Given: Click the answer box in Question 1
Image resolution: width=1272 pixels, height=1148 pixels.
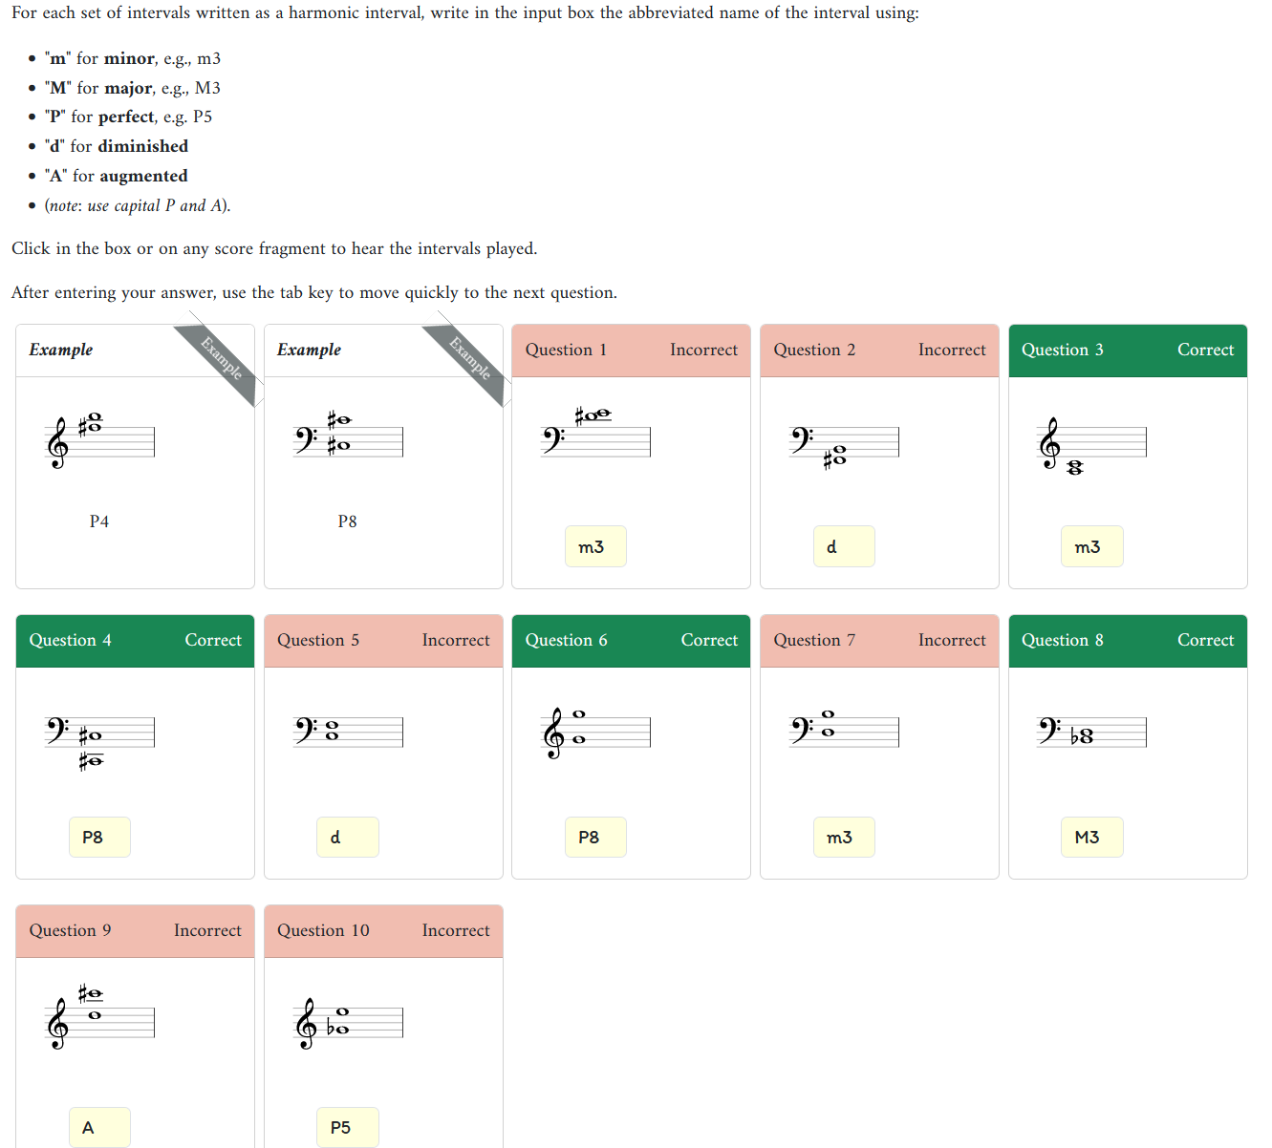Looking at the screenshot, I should (x=595, y=546).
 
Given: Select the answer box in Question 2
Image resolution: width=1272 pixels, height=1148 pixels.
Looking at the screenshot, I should (x=843, y=546).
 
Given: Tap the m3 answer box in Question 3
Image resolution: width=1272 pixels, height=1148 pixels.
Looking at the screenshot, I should (x=1091, y=546).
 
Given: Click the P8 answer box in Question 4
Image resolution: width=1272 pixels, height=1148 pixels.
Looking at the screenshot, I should (x=99, y=837).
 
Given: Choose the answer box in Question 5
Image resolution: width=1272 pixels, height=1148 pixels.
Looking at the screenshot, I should (x=347, y=837).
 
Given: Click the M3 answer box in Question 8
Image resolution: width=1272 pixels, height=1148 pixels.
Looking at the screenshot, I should (x=1091, y=837).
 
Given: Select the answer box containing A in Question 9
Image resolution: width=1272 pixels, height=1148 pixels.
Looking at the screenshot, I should (x=99, y=1127).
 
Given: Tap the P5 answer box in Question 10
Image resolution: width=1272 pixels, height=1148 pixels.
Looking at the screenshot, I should (x=347, y=1127).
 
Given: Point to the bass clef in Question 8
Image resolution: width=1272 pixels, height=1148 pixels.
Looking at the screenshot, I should (x=1048, y=731).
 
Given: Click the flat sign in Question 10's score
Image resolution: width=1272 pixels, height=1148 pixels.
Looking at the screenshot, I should (x=331, y=1029).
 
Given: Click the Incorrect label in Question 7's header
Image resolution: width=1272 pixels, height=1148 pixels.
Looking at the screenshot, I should (x=951, y=640).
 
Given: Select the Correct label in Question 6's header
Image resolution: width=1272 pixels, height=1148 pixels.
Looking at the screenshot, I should (x=708, y=640).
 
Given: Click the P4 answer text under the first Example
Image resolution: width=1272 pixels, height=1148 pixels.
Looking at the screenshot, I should (x=99, y=521).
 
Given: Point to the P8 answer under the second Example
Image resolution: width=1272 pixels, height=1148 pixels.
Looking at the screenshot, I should (x=347, y=521).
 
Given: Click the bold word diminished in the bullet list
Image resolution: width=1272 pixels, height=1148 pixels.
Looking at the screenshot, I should (x=142, y=146).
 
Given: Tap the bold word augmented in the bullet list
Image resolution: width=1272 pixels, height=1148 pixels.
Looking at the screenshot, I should (x=143, y=176).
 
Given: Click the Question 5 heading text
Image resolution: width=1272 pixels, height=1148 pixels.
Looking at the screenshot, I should (x=318, y=640).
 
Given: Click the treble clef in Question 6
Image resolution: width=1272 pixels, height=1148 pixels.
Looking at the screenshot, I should (x=553, y=734).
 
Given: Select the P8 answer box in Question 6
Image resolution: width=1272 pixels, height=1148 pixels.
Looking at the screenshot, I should (x=595, y=837).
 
